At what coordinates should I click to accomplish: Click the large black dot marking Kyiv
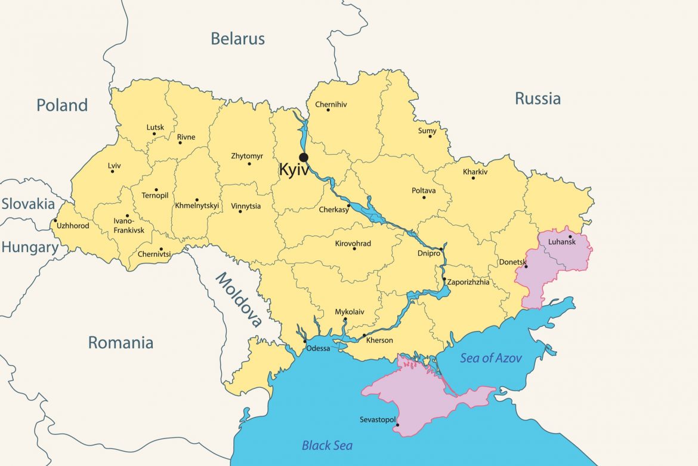tap(304, 158)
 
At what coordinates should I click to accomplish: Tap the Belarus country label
tap(237, 39)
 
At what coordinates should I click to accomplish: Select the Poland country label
tap(62, 106)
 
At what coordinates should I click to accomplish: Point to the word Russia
tap(538, 99)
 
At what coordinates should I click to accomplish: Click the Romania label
tap(121, 343)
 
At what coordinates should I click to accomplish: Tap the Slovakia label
tap(28, 204)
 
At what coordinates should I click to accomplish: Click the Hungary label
tap(30, 247)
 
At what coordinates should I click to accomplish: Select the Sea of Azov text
tap(490, 358)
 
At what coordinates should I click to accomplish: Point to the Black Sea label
tap(327, 446)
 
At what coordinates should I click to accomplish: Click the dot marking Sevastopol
tap(398, 425)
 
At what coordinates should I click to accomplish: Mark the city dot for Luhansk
tap(570, 237)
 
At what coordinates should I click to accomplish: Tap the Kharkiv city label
tap(475, 172)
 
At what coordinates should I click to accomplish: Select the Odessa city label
tap(317, 348)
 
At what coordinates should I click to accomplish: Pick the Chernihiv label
tap(331, 105)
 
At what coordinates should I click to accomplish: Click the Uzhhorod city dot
tap(55, 220)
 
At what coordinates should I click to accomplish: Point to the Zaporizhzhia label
tap(468, 283)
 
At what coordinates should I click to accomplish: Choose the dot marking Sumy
tap(430, 136)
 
